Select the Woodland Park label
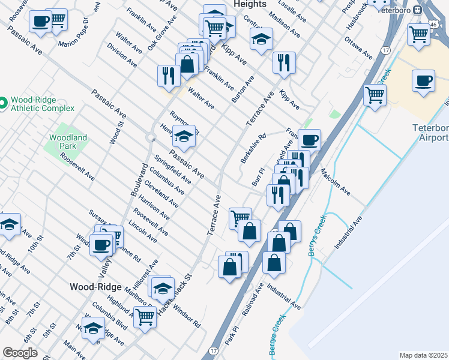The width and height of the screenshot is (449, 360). [x=68, y=142]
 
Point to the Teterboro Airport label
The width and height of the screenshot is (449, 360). [x=430, y=133]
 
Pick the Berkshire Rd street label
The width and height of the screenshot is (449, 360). [x=253, y=149]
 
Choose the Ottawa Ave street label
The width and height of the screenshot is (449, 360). [x=359, y=47]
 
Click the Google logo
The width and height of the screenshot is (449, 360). [x=20, y=353]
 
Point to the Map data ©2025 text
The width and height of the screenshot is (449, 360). [x=424, y=355]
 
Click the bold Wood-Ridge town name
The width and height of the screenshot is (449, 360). [x=96, y=287]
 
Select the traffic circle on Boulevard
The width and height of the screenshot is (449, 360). [x=149, y=139]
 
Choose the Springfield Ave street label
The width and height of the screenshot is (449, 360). [x=173, y=170]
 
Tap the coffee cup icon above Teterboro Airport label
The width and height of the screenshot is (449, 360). [x=424, y=82]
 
